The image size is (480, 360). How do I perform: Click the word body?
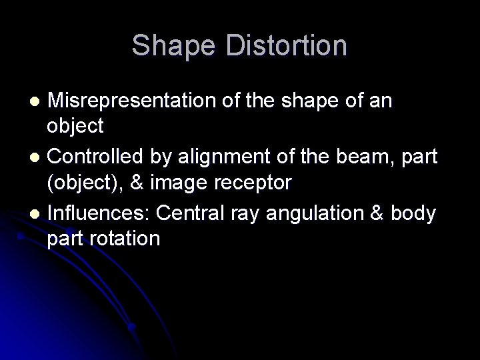click(415, 215)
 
